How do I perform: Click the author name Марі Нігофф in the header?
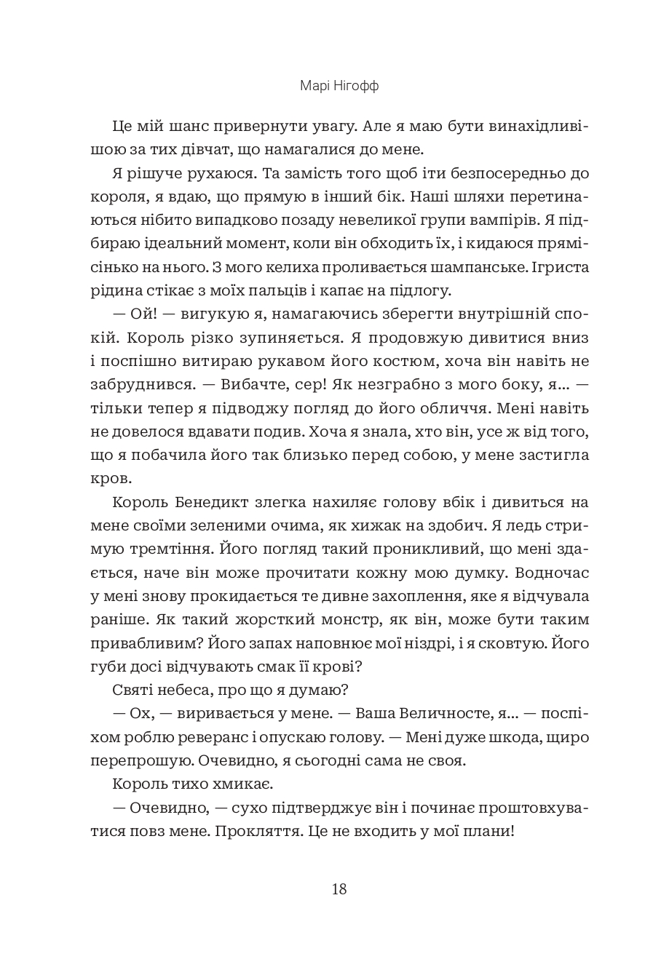[339, 87]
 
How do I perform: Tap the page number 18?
[339, 888]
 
